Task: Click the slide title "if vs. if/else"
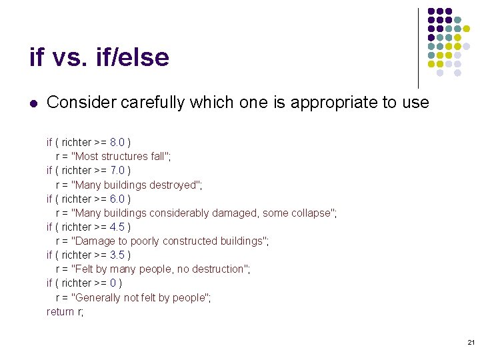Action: coord(99,58)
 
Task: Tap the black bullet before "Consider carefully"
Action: coord(33,103)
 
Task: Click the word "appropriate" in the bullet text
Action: coord(329,103)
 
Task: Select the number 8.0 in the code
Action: coord(117,142)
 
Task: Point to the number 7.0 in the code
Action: coord(117,170)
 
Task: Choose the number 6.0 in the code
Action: coord(117,199)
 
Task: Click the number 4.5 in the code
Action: coord(117,227)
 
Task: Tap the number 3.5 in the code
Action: coord(117,255)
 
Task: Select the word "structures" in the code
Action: coord(125,156)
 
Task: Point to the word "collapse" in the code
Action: coord(311,213)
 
